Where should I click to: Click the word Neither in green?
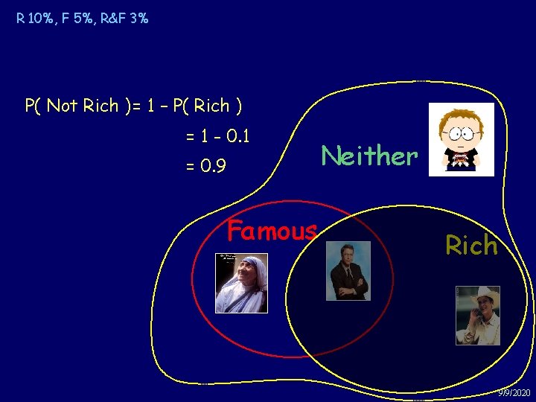pos(368,156)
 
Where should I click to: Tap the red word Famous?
pos(272,231)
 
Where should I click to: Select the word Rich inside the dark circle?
pos(471,245)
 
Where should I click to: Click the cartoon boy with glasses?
pos(462,140)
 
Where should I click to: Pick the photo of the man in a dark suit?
pos(348,271)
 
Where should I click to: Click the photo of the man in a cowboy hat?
pos(478,315)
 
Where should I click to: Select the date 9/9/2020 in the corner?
pos(514,392)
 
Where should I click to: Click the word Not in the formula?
pos(62,106)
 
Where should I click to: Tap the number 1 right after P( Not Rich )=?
pos(153,106)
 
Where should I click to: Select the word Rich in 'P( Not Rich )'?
pos(100,106)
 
